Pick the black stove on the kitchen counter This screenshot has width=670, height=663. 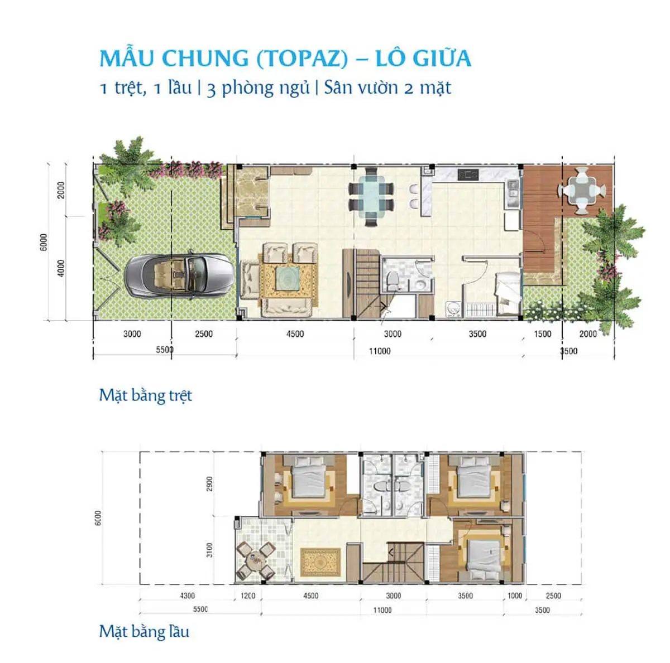pos(468,175)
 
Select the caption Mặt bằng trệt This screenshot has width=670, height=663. pos(145,395)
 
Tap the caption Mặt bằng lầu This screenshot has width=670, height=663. pos(144,631)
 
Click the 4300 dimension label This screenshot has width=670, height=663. pos(187,596)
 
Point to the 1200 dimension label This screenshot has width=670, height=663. pos(247,596)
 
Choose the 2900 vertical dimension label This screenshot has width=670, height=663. pos(209,484)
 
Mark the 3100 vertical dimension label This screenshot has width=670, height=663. pos(209,550)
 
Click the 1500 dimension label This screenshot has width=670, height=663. pos(542,334)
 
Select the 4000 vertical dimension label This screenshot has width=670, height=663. pos(61,268)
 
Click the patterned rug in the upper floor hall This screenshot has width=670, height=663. pos(320,563)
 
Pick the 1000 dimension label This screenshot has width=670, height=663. pos(514,596)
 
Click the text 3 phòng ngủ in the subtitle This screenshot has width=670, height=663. pos(258,88)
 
